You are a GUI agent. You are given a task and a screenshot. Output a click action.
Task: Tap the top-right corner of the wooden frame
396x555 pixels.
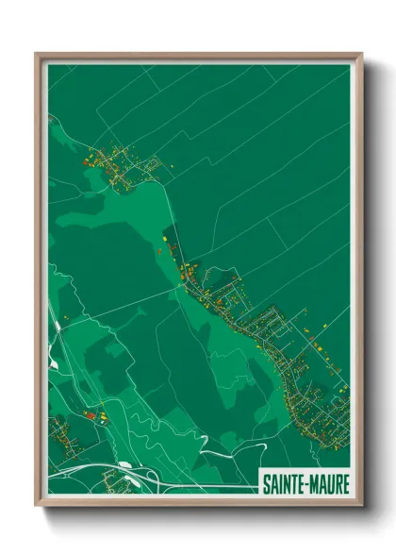tap(361, 55)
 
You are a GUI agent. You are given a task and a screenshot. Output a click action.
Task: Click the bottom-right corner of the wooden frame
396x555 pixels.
tap(361, 503)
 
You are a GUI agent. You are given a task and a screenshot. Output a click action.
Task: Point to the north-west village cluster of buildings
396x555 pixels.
tap(118, 165)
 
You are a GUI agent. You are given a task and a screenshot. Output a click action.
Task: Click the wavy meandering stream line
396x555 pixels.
tap(141, 415)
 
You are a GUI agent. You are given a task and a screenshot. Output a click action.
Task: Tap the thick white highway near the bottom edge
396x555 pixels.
tap(189, 486)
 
